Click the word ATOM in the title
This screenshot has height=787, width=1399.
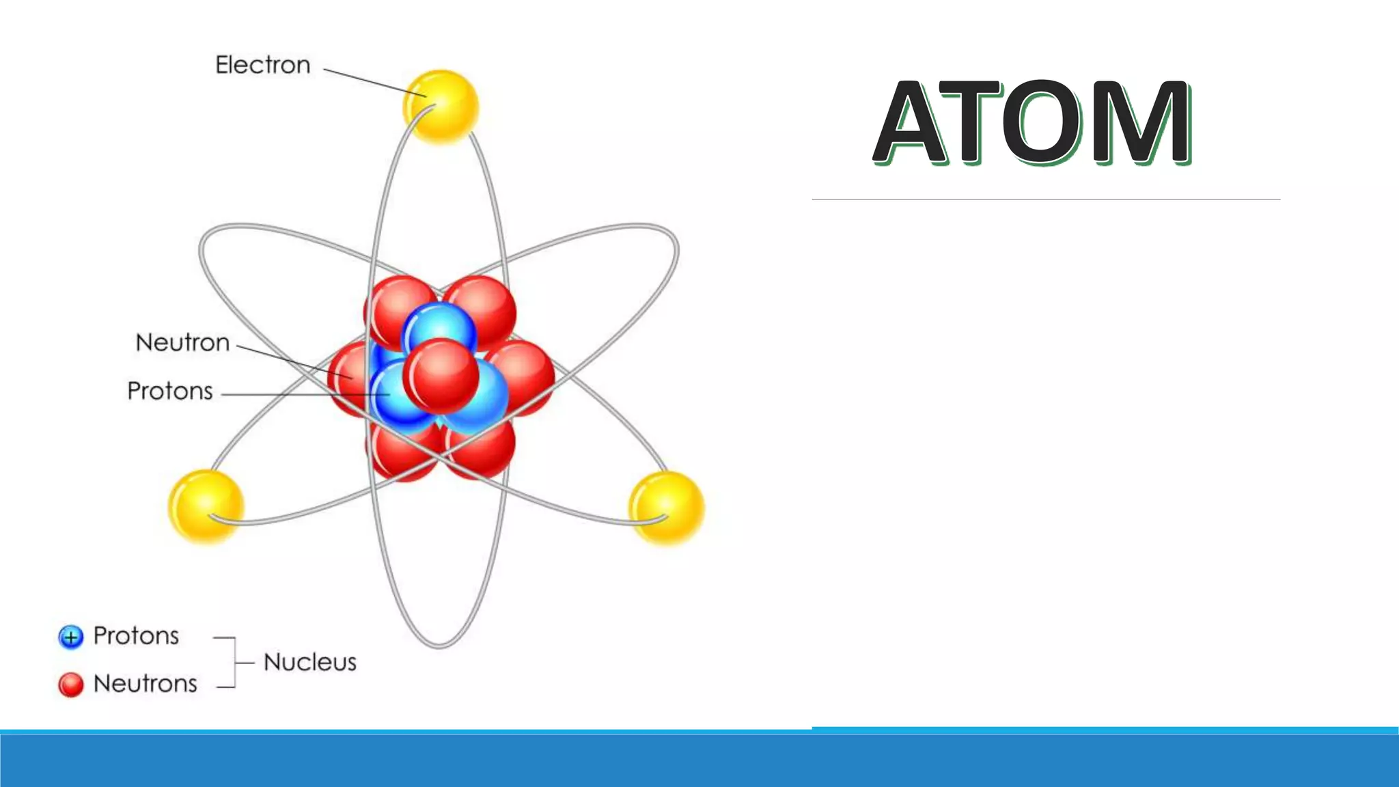pos(1032,123)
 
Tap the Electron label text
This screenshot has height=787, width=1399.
pos(263,65)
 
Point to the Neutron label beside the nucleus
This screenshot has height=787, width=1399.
pos(182,342)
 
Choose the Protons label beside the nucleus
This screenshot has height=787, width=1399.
pos(170,391)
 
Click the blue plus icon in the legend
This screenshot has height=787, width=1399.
pos(71,637)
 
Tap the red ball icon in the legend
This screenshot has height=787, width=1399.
pos(71,685)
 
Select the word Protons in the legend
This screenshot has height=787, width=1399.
pos(136,636)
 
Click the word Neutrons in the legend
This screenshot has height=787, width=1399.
pos(145,684)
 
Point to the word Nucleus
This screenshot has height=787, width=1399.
pos(310,662)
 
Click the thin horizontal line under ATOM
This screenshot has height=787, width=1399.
pos(1045,199)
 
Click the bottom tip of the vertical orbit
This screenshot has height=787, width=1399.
pos(439,644)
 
